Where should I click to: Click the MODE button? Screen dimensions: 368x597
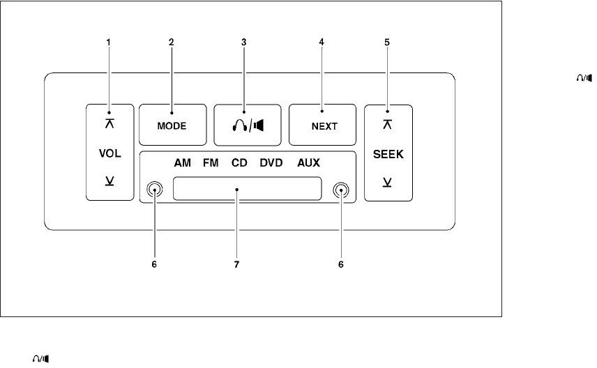click(172, 126)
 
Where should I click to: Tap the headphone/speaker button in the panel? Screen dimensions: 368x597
click(248, 126)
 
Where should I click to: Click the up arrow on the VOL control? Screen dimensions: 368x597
click(109, 123)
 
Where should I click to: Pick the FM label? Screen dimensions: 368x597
click(211, 164)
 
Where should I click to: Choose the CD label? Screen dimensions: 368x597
click(240, 164)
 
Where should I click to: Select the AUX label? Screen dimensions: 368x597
click(308, 164)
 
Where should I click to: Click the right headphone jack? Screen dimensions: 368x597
click(340, 189)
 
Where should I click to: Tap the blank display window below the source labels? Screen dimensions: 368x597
click(248, 189)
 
